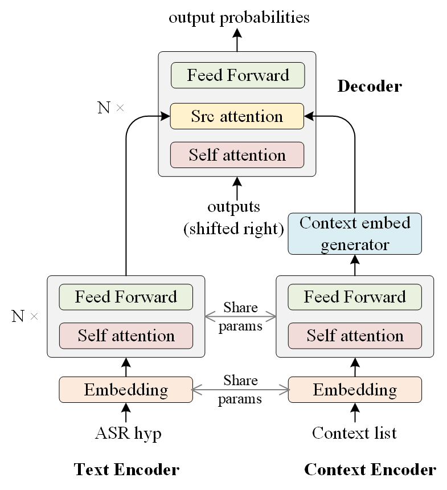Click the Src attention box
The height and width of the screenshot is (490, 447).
(237, 116)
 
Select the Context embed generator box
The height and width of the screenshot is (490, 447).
(355, 234)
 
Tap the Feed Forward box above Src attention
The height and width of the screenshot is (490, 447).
(238, 75)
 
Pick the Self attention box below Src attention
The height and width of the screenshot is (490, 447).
(237, 155)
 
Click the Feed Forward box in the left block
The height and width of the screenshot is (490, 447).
(126, 297)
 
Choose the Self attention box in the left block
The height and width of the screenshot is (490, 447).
(126, 336)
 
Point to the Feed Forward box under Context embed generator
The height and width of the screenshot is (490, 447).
(355, 297)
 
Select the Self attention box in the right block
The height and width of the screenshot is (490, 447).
(355, 336)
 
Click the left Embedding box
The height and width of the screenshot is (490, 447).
(126, 390)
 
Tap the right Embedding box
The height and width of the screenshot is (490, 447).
(355, 390)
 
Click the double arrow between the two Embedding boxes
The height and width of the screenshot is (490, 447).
(240, 390)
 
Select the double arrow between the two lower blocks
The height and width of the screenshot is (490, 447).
(240, 316)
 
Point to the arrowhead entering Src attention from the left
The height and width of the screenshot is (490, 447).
(166, 116)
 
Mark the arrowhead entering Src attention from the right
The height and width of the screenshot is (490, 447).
(309, 116)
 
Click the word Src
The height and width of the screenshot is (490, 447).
(203, 116)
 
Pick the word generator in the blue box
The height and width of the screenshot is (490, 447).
(355, 245)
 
